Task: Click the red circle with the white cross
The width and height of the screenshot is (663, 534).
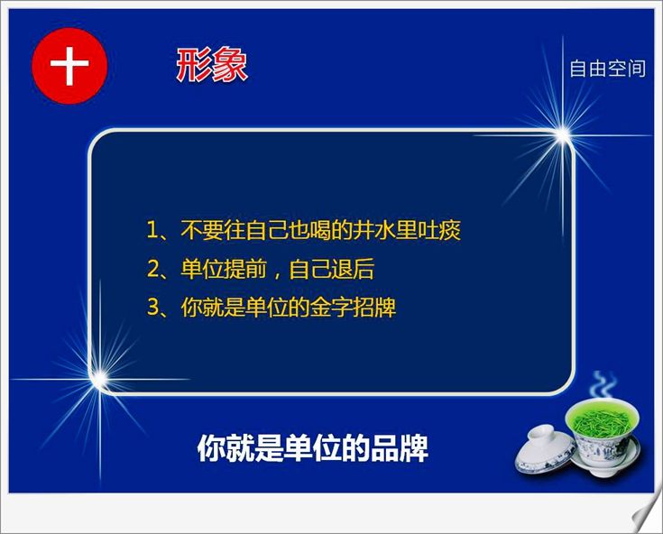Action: tap(69, 66)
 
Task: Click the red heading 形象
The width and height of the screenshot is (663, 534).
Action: tap(211, 65)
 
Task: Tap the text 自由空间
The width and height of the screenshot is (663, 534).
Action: tap(607, 69)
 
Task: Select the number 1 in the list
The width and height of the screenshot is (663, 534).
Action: tap(152, 230)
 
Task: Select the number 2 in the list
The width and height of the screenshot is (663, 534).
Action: tap(152, 270)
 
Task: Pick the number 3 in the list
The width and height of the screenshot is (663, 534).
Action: tap(152, 308)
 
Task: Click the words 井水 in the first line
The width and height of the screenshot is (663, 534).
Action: tap(373, 230)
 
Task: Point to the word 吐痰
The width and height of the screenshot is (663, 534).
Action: tap(439, 230)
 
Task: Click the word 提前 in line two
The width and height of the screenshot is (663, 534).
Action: tap(244, 269)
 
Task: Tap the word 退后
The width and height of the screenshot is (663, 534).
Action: tap(353, 269)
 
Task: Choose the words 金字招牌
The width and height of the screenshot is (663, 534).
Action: tap(353, 308)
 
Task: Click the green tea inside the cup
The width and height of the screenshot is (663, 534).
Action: tap(602, 420)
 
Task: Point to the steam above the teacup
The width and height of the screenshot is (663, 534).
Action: tap(603, 385)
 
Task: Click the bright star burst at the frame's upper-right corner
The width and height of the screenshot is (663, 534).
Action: tap(563, 135)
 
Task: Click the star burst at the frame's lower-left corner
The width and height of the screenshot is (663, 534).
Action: tap(100, 379)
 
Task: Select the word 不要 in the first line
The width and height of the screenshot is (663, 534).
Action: tap(202, 230)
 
